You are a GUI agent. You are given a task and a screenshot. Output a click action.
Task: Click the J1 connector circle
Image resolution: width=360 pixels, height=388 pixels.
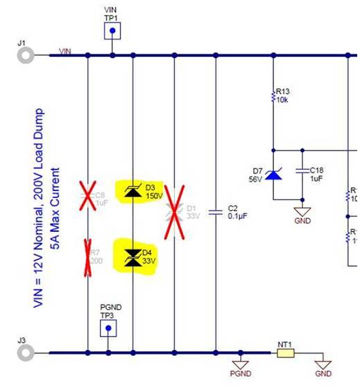pyautogui.click(x=25, y=55)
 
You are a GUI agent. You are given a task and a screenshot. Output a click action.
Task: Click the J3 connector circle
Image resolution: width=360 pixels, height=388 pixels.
pyautogui.click(x=25, y=353)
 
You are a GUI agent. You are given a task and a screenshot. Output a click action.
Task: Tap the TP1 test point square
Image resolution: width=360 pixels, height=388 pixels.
pyautogui.click(x=112, y=31)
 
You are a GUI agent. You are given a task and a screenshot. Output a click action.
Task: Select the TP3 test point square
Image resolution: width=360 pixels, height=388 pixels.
pyautogui.click(x=108, y=328)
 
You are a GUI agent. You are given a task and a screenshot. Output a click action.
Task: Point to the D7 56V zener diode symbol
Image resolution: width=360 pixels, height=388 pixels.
pyautogui.click(x=273, y=174)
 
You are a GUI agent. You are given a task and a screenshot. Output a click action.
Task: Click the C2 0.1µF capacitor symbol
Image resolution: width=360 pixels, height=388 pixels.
pyautogui.click(x=216, y=212)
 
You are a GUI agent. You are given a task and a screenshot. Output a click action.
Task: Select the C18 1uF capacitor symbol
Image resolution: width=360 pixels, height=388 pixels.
pyautogui.click(x=302, y=171)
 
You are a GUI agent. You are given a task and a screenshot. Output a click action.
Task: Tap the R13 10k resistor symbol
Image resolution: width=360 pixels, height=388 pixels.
pyautogui.click(x=273, y=98)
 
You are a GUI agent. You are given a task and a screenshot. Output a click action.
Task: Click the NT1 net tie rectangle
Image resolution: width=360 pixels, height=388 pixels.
pyautogui.click(x=285, y=354)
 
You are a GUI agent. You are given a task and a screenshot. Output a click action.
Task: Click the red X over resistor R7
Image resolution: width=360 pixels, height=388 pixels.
pyautogui.click(x=89, y=258)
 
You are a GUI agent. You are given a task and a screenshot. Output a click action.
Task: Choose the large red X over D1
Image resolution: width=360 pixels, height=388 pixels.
pyautogui.click(x=174, y=212)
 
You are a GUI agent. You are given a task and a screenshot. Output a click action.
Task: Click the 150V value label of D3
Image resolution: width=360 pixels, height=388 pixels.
pyautogui.click(x=154, y=196)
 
